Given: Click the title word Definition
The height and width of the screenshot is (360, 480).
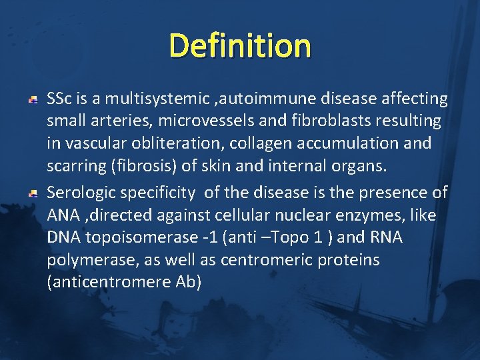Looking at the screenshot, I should point(240,46).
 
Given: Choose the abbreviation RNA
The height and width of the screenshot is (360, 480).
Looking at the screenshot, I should point(389,237).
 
